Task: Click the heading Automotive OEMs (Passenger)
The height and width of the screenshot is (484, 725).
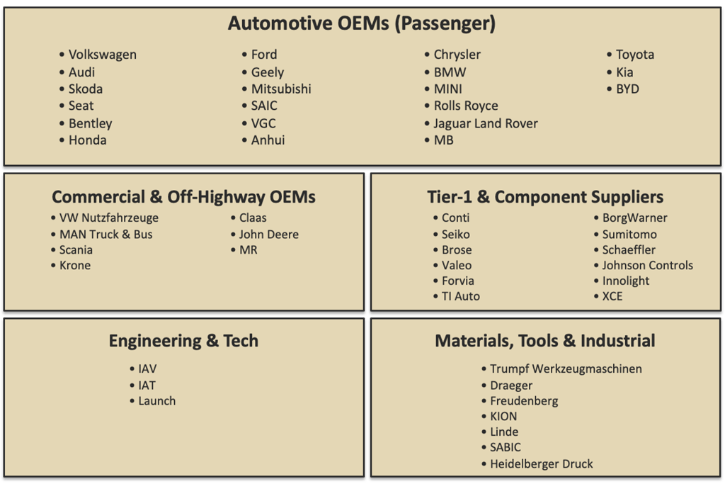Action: click(362, 24)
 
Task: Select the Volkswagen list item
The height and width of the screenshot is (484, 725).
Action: click(102, 55)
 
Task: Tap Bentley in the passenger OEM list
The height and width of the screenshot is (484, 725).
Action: click(90, 123)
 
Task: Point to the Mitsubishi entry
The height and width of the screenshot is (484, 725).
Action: click(281, 89)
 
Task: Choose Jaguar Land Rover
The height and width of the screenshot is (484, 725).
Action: click(486, 123)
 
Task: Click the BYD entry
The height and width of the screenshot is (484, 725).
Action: click(627, 89)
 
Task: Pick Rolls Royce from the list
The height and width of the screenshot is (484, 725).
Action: click(466, 106)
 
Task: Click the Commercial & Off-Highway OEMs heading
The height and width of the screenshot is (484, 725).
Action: click(183, 197)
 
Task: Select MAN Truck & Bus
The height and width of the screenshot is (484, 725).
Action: click(105, 235)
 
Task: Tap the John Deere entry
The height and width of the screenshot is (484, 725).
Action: click(268, 235)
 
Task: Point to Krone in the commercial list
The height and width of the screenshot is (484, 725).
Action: click(74, 266)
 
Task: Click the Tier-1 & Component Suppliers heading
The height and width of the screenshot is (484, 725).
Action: click(545, 197)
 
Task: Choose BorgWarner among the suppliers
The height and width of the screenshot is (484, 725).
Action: click(634, 218)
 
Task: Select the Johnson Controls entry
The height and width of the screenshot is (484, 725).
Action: click(647, 266)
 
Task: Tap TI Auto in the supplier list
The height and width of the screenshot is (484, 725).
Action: click(460, 296)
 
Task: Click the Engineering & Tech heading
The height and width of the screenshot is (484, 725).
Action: click(183, 341)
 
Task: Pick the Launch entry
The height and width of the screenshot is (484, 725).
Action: click(156, 401)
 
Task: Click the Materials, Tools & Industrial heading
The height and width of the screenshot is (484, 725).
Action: click(545, 341)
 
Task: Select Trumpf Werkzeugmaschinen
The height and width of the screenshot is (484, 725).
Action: click(566, 369)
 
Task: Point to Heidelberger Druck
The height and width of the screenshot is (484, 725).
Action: click(541, 464)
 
